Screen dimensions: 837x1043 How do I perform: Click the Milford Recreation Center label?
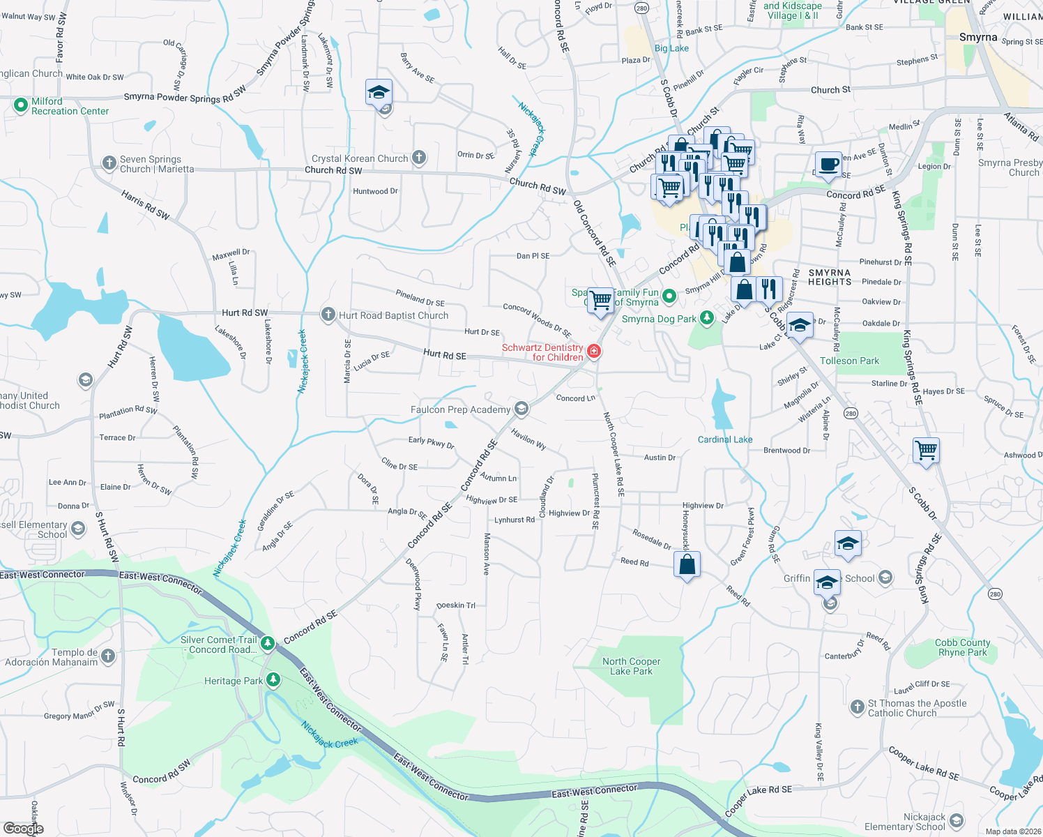70,106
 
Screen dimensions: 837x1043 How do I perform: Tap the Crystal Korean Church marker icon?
418,158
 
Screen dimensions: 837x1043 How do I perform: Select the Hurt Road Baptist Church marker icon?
328,315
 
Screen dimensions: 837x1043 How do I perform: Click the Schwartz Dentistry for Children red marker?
594,352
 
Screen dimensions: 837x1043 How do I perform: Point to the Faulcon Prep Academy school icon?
521,409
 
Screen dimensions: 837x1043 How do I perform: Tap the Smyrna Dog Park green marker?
707,319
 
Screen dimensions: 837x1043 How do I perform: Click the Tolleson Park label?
849,361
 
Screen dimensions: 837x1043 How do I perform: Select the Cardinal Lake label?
725,439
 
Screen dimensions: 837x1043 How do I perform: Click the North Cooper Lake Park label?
631,666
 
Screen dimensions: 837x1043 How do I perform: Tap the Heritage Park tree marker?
273,680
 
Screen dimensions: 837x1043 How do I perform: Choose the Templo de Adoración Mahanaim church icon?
107,656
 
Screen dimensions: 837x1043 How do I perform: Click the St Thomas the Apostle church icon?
858,707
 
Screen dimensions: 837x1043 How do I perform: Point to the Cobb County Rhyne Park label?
962,647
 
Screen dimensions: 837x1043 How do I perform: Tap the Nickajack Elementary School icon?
957,821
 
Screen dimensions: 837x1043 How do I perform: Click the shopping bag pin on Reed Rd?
687,564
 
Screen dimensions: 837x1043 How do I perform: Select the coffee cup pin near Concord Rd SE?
828,165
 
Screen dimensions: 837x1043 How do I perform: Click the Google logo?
23,828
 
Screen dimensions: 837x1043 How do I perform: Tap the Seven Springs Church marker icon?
109,163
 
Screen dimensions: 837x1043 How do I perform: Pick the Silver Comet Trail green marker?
268,642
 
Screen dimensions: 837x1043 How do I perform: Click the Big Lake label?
671,48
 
